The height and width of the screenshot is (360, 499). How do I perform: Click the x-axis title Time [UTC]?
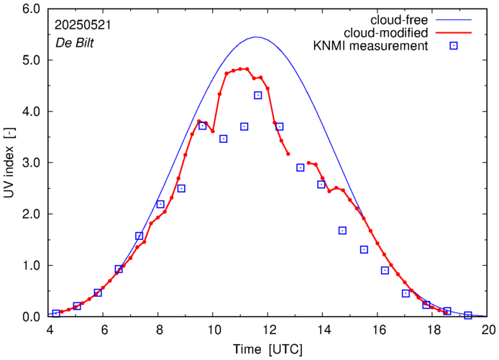[x=268, y=349]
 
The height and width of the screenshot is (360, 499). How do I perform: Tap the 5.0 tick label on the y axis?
[x=31, y=60]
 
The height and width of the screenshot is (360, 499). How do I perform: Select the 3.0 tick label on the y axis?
[x=31, y=163]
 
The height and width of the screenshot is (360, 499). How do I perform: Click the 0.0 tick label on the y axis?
[x=31, y=317]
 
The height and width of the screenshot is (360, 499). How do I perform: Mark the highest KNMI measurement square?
[x=258, y=96]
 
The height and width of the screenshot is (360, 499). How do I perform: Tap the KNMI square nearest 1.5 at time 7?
[x=139, y=236]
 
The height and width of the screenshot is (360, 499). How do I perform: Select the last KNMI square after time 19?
[x=468, y=315]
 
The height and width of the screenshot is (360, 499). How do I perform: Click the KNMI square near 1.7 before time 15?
[x=342, y=231]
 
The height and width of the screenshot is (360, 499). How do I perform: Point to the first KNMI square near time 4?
[x=56, y=313]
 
